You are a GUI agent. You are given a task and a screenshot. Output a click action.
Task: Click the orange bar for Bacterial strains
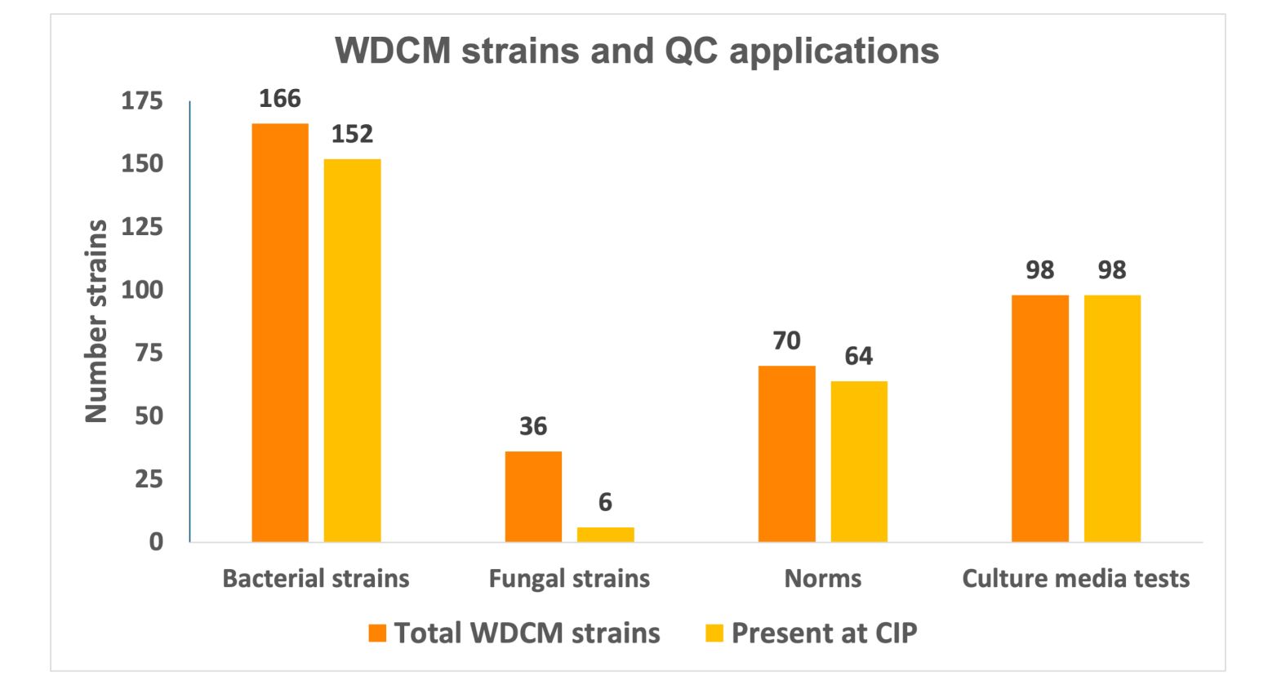click(x=280, y=332)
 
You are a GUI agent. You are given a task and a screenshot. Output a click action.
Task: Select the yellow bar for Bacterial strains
click(x=352, y=350)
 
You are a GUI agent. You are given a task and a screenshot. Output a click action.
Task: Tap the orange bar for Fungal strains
click(x=533, y=496)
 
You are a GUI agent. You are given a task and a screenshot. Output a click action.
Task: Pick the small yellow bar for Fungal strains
click(x=605, y=535)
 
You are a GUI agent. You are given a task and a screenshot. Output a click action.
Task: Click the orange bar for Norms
click(x=786, y=454)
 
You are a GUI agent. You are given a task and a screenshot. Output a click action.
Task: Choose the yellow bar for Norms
click(x=859, y=461)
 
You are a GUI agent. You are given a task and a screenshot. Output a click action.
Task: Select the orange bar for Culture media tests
click(x=1039, y=418)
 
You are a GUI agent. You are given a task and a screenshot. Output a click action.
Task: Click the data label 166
click(x=280, y=99)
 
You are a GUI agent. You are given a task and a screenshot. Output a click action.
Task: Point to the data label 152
click(x=352, y=134)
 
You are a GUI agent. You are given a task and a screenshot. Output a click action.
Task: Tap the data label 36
click(x=533, y=426)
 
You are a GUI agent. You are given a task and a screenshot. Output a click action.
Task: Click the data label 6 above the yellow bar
click(x=605, y=502)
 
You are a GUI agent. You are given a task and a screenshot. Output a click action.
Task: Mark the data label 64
click(x=859, y=356)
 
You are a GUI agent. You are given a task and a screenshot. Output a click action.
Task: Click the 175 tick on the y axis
click(x=142, y=101)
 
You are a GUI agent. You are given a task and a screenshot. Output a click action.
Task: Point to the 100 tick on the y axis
click(x=142, y=290)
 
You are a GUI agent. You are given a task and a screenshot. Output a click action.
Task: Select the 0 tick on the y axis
click(x=155, y=542)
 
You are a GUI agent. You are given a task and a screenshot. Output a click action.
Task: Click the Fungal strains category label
click(x=569, y=579)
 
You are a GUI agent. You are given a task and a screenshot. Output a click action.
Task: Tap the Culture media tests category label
click(x=1075, y=579)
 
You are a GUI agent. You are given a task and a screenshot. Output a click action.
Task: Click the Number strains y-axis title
click(x=96, y=321)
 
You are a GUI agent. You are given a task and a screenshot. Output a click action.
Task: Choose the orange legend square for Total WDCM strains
click(x=377, y=633)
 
